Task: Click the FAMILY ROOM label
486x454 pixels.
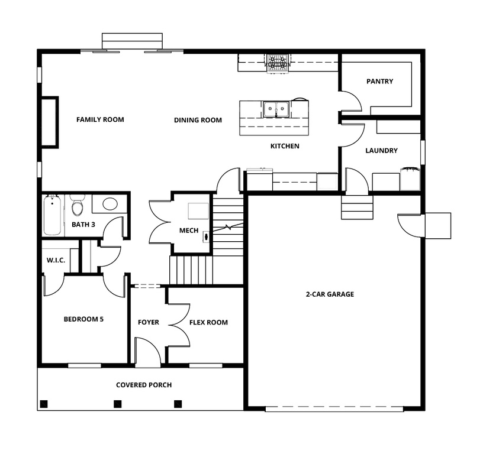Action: tap(100, 119)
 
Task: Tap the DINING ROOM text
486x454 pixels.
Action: tap(198, 120)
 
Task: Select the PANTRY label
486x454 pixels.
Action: tap(379, 82)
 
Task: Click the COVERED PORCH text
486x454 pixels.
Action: tap(144, 385)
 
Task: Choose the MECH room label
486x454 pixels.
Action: tap(189, 230)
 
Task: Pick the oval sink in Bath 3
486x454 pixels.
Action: tap(110, 205)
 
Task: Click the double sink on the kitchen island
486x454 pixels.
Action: tap(276, 108)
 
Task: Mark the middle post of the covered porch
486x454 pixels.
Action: tap(117, 404)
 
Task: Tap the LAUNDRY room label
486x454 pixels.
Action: tap(381, 151)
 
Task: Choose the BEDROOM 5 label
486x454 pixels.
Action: tap(83, 319)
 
